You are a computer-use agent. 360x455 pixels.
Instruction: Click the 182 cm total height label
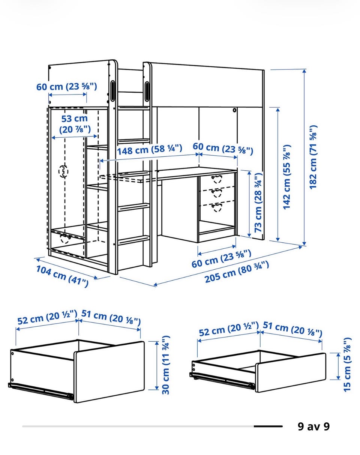click(x=313, y=157)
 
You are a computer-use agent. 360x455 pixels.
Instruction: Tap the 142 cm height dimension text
click(x=287, y=177)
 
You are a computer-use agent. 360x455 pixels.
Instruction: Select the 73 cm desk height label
click(x=258, y=203)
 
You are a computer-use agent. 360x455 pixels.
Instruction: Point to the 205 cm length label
click(x=237, y=272)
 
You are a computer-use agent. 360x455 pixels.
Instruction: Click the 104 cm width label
click(x=62, y=276)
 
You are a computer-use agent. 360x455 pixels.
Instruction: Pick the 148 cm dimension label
click(x=150, y=150)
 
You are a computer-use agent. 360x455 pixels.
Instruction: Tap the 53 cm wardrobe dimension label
click(x=75, y=124)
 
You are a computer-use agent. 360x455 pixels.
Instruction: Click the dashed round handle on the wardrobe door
click(x=63, y=171)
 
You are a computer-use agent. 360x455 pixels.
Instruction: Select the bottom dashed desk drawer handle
click(x=216, y=207)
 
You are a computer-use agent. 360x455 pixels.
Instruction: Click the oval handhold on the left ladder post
click(x=112, y=90)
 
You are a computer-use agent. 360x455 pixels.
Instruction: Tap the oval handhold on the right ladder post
click(x=147, y=91)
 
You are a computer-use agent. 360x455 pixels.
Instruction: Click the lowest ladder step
click(x=133, y=240)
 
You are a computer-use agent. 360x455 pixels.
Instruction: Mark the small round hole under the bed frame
click(x=234, y=110)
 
